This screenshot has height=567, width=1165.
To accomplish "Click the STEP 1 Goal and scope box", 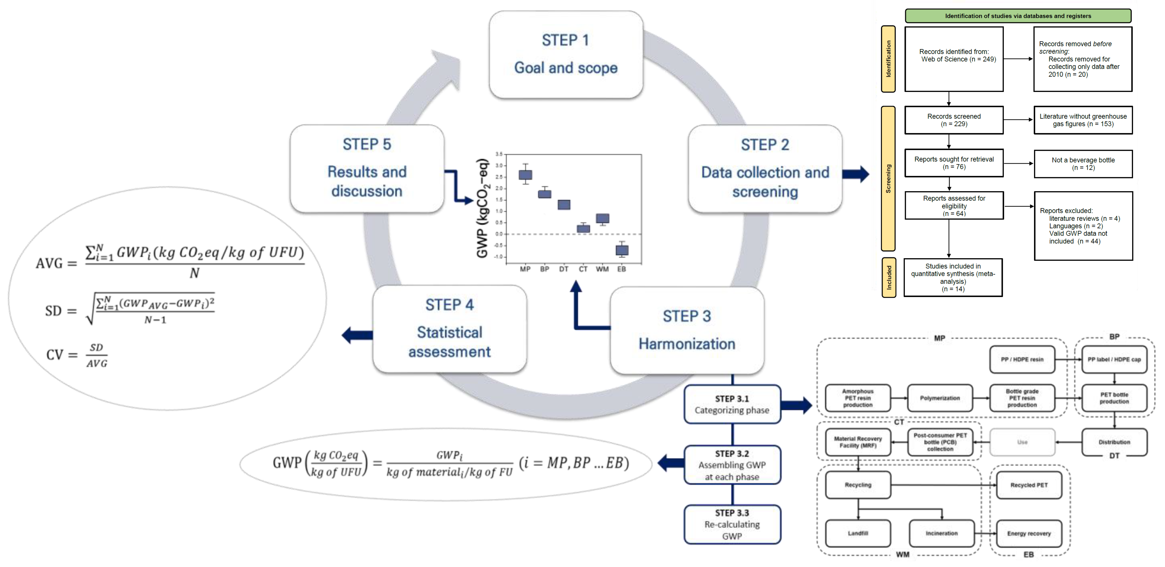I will tap(566, 54).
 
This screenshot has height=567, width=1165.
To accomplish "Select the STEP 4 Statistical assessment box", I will tap(449, 329).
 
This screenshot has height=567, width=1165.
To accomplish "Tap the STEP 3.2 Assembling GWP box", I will tap(732, 465).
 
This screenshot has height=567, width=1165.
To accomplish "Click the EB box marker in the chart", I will tap(622, 250).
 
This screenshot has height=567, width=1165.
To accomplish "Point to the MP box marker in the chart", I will tap(525, 175).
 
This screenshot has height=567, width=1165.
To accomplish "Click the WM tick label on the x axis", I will tap(602, 269).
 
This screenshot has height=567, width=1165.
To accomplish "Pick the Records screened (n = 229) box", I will tap(954, 120).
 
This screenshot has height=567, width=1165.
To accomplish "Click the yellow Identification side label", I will tap(888, 59).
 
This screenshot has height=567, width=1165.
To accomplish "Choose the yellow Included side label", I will tap(889, 277).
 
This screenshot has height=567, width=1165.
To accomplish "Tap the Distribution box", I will tap(1114, 442).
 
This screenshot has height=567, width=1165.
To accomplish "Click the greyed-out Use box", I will tap(1022, 442).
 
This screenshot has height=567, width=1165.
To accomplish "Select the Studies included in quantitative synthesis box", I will tap(953, 277).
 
